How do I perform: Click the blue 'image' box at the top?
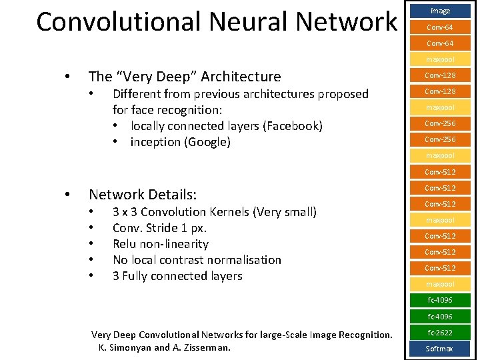click(440, 11)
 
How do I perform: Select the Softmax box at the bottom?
click(440, 348)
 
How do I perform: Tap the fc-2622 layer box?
click(440, 332)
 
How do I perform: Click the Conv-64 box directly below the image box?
click(440, 27)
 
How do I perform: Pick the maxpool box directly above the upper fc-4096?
click(440, 284)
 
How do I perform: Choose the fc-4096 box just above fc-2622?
click(440, 316)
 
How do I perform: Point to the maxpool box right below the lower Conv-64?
click(440, 59)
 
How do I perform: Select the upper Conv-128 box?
click(440, 75)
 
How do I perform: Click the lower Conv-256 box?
click(440, 139)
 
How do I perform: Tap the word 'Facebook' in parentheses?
click(294, 126)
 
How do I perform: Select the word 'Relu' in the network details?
click(127, 244)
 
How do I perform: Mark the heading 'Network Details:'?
click(143, 195)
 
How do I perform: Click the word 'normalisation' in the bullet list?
click(244, 260)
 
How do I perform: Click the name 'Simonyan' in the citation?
click(131, 347)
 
